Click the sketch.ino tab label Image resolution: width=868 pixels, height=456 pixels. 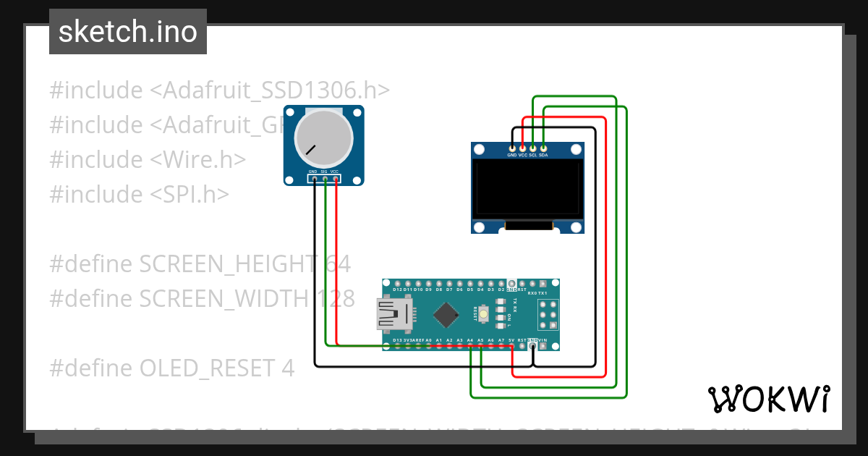point(127,32)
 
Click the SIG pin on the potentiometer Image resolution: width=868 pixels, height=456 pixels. point(325,177)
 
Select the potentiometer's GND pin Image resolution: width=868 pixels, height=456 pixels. point(314,177)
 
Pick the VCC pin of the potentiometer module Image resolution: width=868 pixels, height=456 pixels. point(335,177)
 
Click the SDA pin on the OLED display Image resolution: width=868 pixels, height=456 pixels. point(543,148)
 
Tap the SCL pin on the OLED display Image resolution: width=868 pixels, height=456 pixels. point(533,148)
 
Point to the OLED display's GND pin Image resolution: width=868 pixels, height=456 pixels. point(512,148)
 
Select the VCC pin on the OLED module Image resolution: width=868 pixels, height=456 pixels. point(522,148)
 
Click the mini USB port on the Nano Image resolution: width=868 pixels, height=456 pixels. point(394,315)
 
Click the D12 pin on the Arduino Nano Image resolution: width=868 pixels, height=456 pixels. point(397,283)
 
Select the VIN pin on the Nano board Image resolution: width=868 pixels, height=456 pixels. point(543,346)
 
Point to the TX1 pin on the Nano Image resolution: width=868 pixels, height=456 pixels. point(543,283)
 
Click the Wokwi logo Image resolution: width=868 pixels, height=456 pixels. point(768,398)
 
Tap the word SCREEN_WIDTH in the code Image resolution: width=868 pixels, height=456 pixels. point(224,298)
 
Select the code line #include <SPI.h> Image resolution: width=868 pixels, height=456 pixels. point(139,194)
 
